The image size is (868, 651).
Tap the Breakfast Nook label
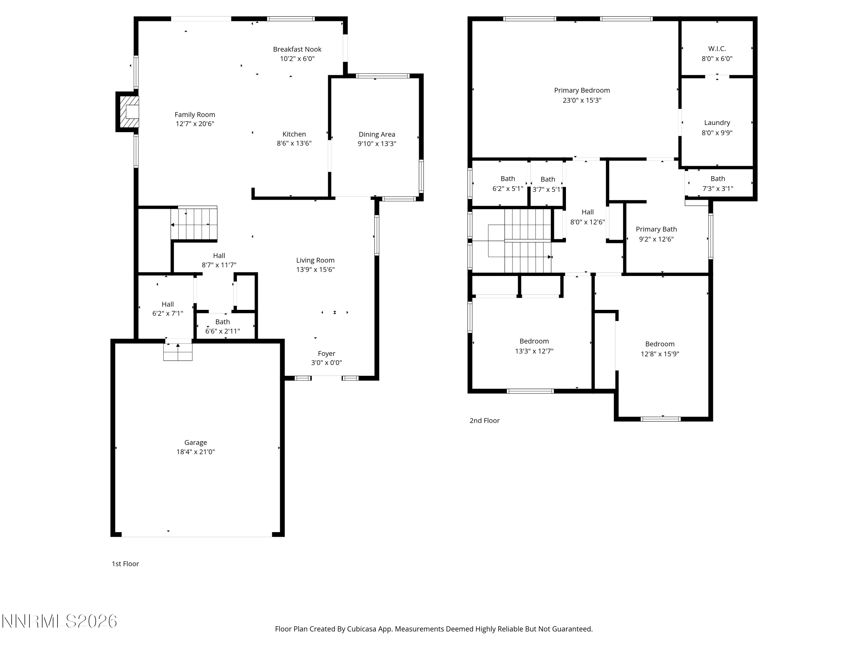tap(297, 49)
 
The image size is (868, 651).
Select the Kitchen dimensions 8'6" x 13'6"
tap(294, 144)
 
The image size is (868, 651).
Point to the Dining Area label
tap(377, 135)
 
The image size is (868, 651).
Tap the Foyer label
tap(326, 354)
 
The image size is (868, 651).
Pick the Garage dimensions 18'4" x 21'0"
tap(195, 452)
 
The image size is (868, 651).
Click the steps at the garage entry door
tap(178, 352)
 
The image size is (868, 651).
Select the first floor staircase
tap(194, 224)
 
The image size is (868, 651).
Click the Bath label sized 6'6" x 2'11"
tap(222, 322)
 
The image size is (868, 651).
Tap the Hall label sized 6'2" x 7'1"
tap(168, 304)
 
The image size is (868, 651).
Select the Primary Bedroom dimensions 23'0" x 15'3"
tap(582, 100)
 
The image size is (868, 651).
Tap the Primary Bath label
tap(656, 229)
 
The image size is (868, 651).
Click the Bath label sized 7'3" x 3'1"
tap(718, 179)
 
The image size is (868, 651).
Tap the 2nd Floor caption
tap(485, 421)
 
